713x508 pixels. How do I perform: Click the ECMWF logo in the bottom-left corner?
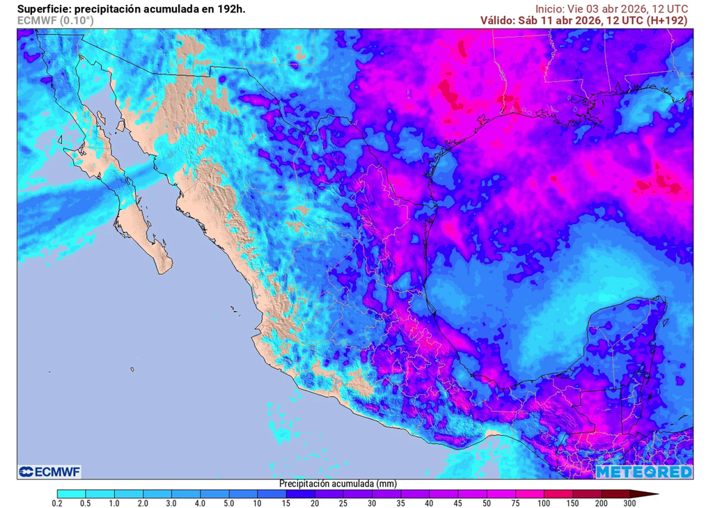click(x=49, y=472)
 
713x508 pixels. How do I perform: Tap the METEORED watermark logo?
click(x=644, y=472)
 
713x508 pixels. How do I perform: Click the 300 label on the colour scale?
click(x=629, y=502)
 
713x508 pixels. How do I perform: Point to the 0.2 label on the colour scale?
click(x=58, y=502)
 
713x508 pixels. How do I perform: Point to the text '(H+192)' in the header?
click(x=666, y=20)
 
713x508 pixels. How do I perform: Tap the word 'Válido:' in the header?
click(x=497, y=20)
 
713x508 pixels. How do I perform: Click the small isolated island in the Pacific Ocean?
click(x=132, y=370)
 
